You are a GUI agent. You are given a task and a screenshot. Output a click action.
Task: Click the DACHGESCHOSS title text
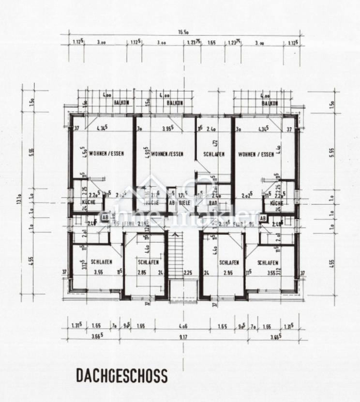click(x=121, y=375)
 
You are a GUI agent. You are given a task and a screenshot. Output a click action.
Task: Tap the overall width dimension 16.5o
click(x=183, y=32)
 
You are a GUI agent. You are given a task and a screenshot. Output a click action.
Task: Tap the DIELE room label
click(x=184, y=203)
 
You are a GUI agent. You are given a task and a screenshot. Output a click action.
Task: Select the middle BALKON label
click(x=174, y=103)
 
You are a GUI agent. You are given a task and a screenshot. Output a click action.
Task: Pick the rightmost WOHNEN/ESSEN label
click(x=256, y=155)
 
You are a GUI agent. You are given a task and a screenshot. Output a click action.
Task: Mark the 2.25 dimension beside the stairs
click(x=188, y=273)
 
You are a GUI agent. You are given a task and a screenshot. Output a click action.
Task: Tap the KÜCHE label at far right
click(x=277, y=203)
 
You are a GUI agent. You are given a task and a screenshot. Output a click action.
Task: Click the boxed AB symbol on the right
click(x=263, y=218)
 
